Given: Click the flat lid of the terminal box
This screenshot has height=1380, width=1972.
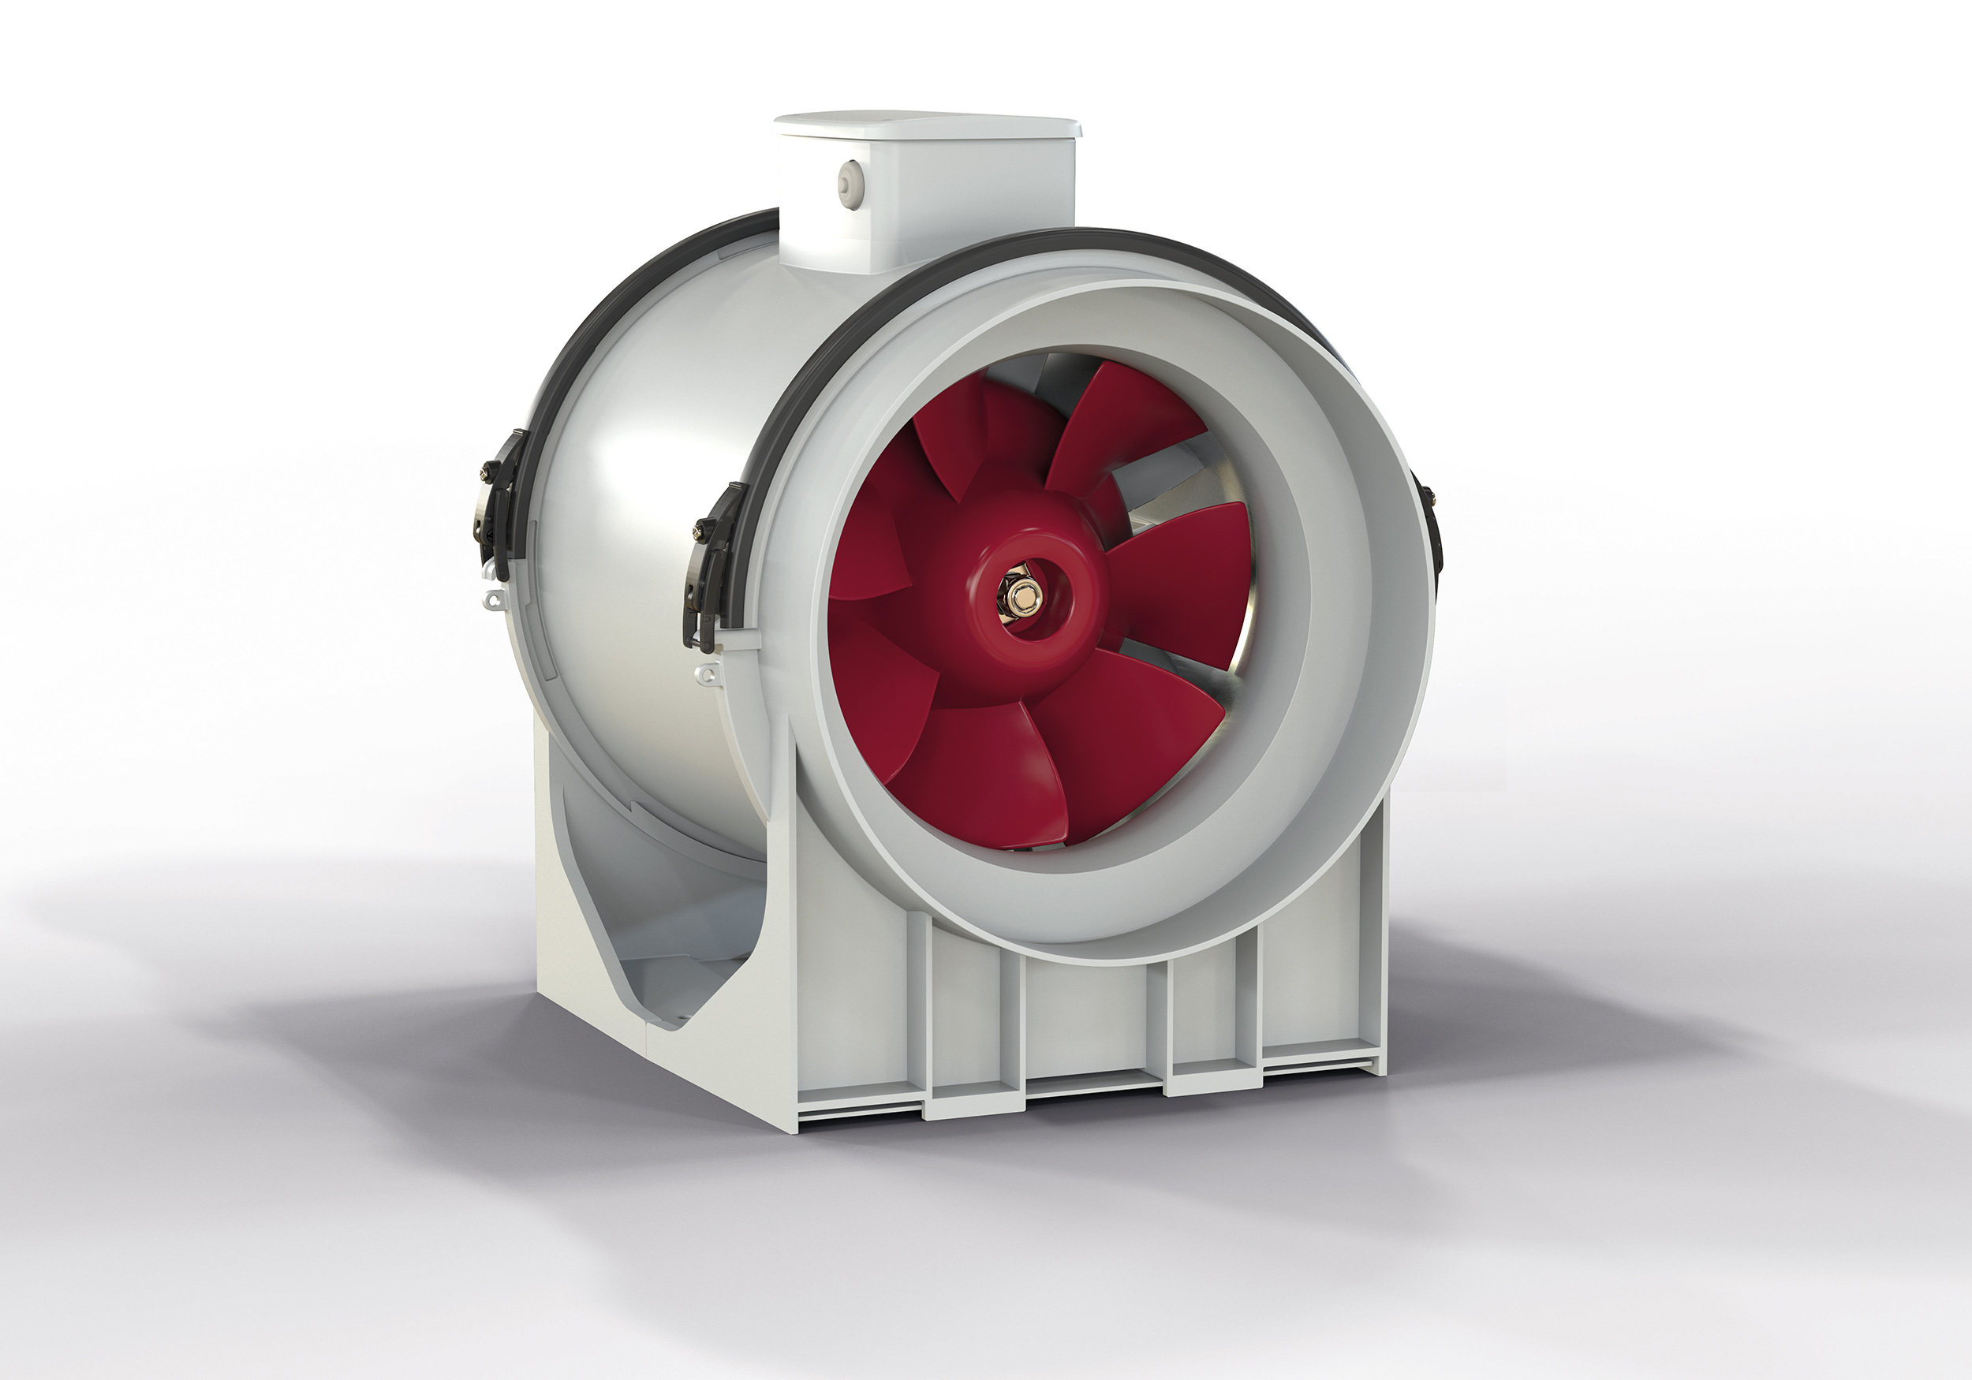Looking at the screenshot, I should pyautogui.click(x=928, y=125).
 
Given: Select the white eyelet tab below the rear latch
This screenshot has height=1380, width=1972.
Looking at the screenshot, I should pyautogui.click(x=492, y=599).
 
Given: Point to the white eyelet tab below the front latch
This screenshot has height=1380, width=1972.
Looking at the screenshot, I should pyautogui.click(x=706, y=675).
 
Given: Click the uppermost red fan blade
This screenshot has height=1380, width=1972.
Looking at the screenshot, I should pyautogui.click(x=1117, y=421).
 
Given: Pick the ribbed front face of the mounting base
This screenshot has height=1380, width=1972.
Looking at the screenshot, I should pyautogui.click(x=1091, y=1022).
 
